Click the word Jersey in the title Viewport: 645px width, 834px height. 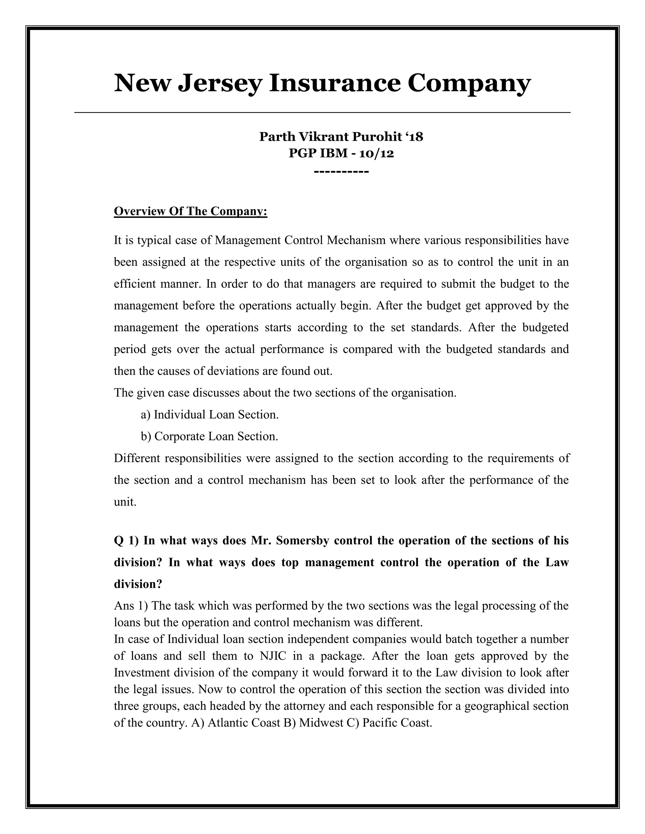point(220,83)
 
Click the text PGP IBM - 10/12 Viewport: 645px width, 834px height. point(341,154)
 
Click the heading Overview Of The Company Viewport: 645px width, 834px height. point(190,211)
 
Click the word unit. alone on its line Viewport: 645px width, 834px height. point(125,502)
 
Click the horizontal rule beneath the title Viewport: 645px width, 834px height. point(322,112)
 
